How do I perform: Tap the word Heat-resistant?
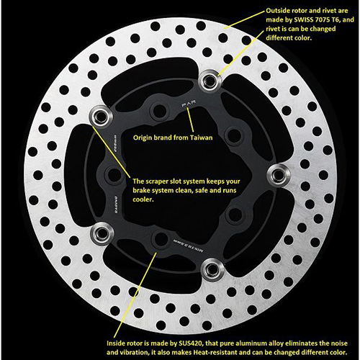click(x=238, y=336)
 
